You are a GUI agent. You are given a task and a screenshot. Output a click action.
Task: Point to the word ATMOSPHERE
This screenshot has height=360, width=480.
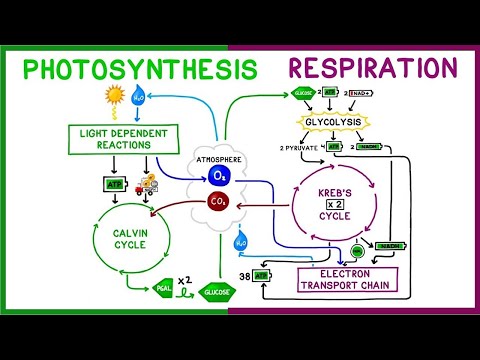pyautogui.click(x=220, y=157)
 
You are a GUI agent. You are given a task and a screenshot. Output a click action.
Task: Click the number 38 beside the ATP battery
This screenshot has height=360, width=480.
pyautogui.click(x=243, y=275)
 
